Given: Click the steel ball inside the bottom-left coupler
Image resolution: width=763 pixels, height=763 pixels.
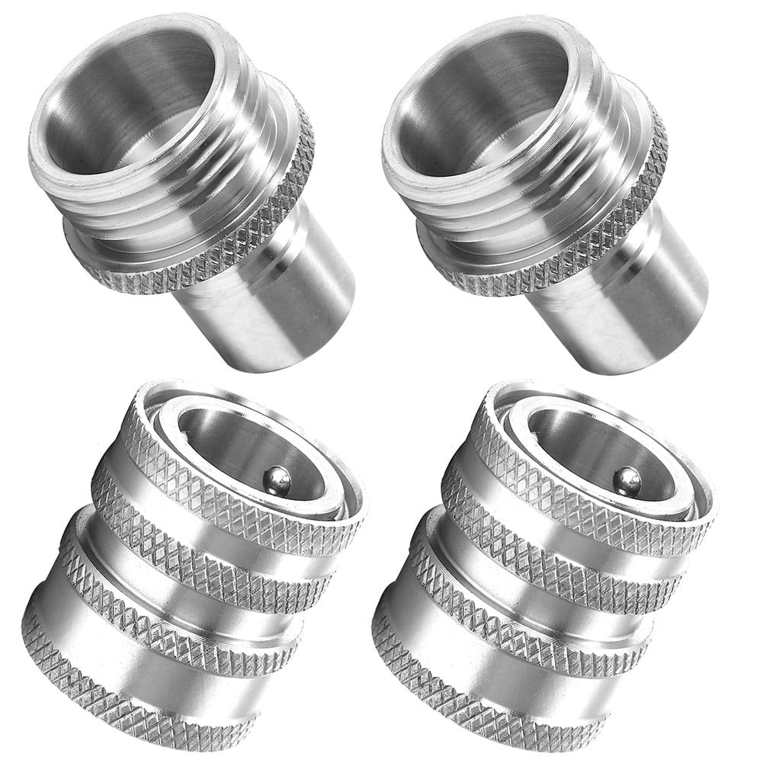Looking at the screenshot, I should [277, 479].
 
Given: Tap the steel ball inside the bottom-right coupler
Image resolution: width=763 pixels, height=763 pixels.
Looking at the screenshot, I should [627, 482].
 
